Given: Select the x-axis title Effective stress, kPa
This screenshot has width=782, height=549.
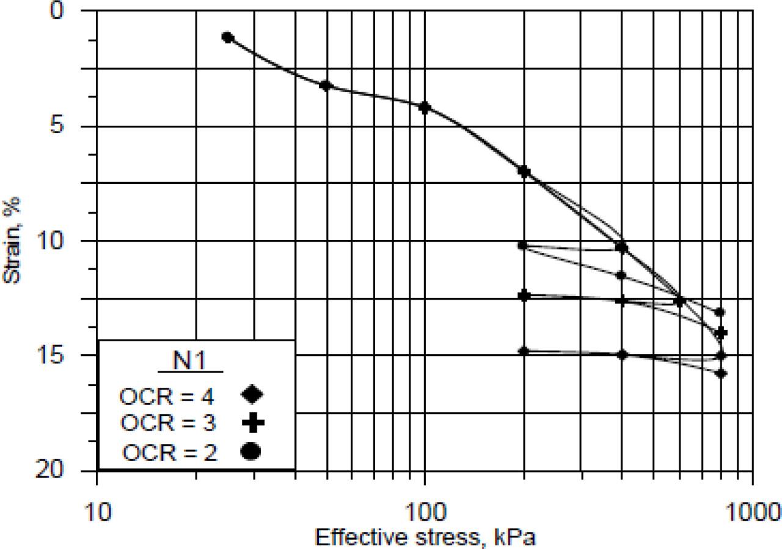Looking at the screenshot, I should (426, 537).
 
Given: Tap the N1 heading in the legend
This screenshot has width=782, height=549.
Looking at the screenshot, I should (191, 362).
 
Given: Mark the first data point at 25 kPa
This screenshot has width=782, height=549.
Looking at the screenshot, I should (228, 37).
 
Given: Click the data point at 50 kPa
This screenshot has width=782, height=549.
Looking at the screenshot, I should (326, 85).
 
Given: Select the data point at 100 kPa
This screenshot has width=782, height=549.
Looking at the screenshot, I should (425, 107).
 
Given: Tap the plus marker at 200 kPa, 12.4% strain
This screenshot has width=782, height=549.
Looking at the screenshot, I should (524, 296).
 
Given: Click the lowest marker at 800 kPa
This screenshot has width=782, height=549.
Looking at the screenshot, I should (721, 373).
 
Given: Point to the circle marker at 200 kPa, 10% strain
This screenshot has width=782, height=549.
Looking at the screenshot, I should (523, 245).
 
